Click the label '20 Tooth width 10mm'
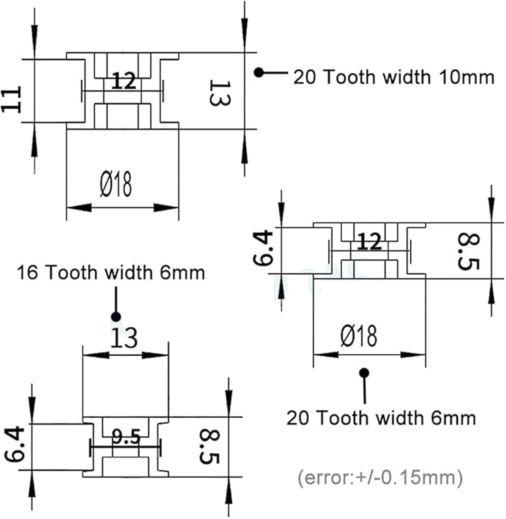click(394, 77)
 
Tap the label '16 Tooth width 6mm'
click(111, 273)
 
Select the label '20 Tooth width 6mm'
click(381, 418)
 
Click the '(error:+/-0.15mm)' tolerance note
click(380, 478)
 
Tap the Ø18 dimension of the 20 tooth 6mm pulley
click(359, 336)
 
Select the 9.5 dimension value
click(126, 437)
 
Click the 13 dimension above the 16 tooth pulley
click(124, 338)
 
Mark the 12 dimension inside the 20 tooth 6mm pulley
click(370, 242)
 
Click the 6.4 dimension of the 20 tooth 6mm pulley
click(263, 248)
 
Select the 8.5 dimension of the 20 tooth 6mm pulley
click(468, 251)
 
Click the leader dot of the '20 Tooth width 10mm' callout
click(259, 73)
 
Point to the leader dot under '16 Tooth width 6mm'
click(116, 316)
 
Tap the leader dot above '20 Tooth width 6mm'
click(364, 373)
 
